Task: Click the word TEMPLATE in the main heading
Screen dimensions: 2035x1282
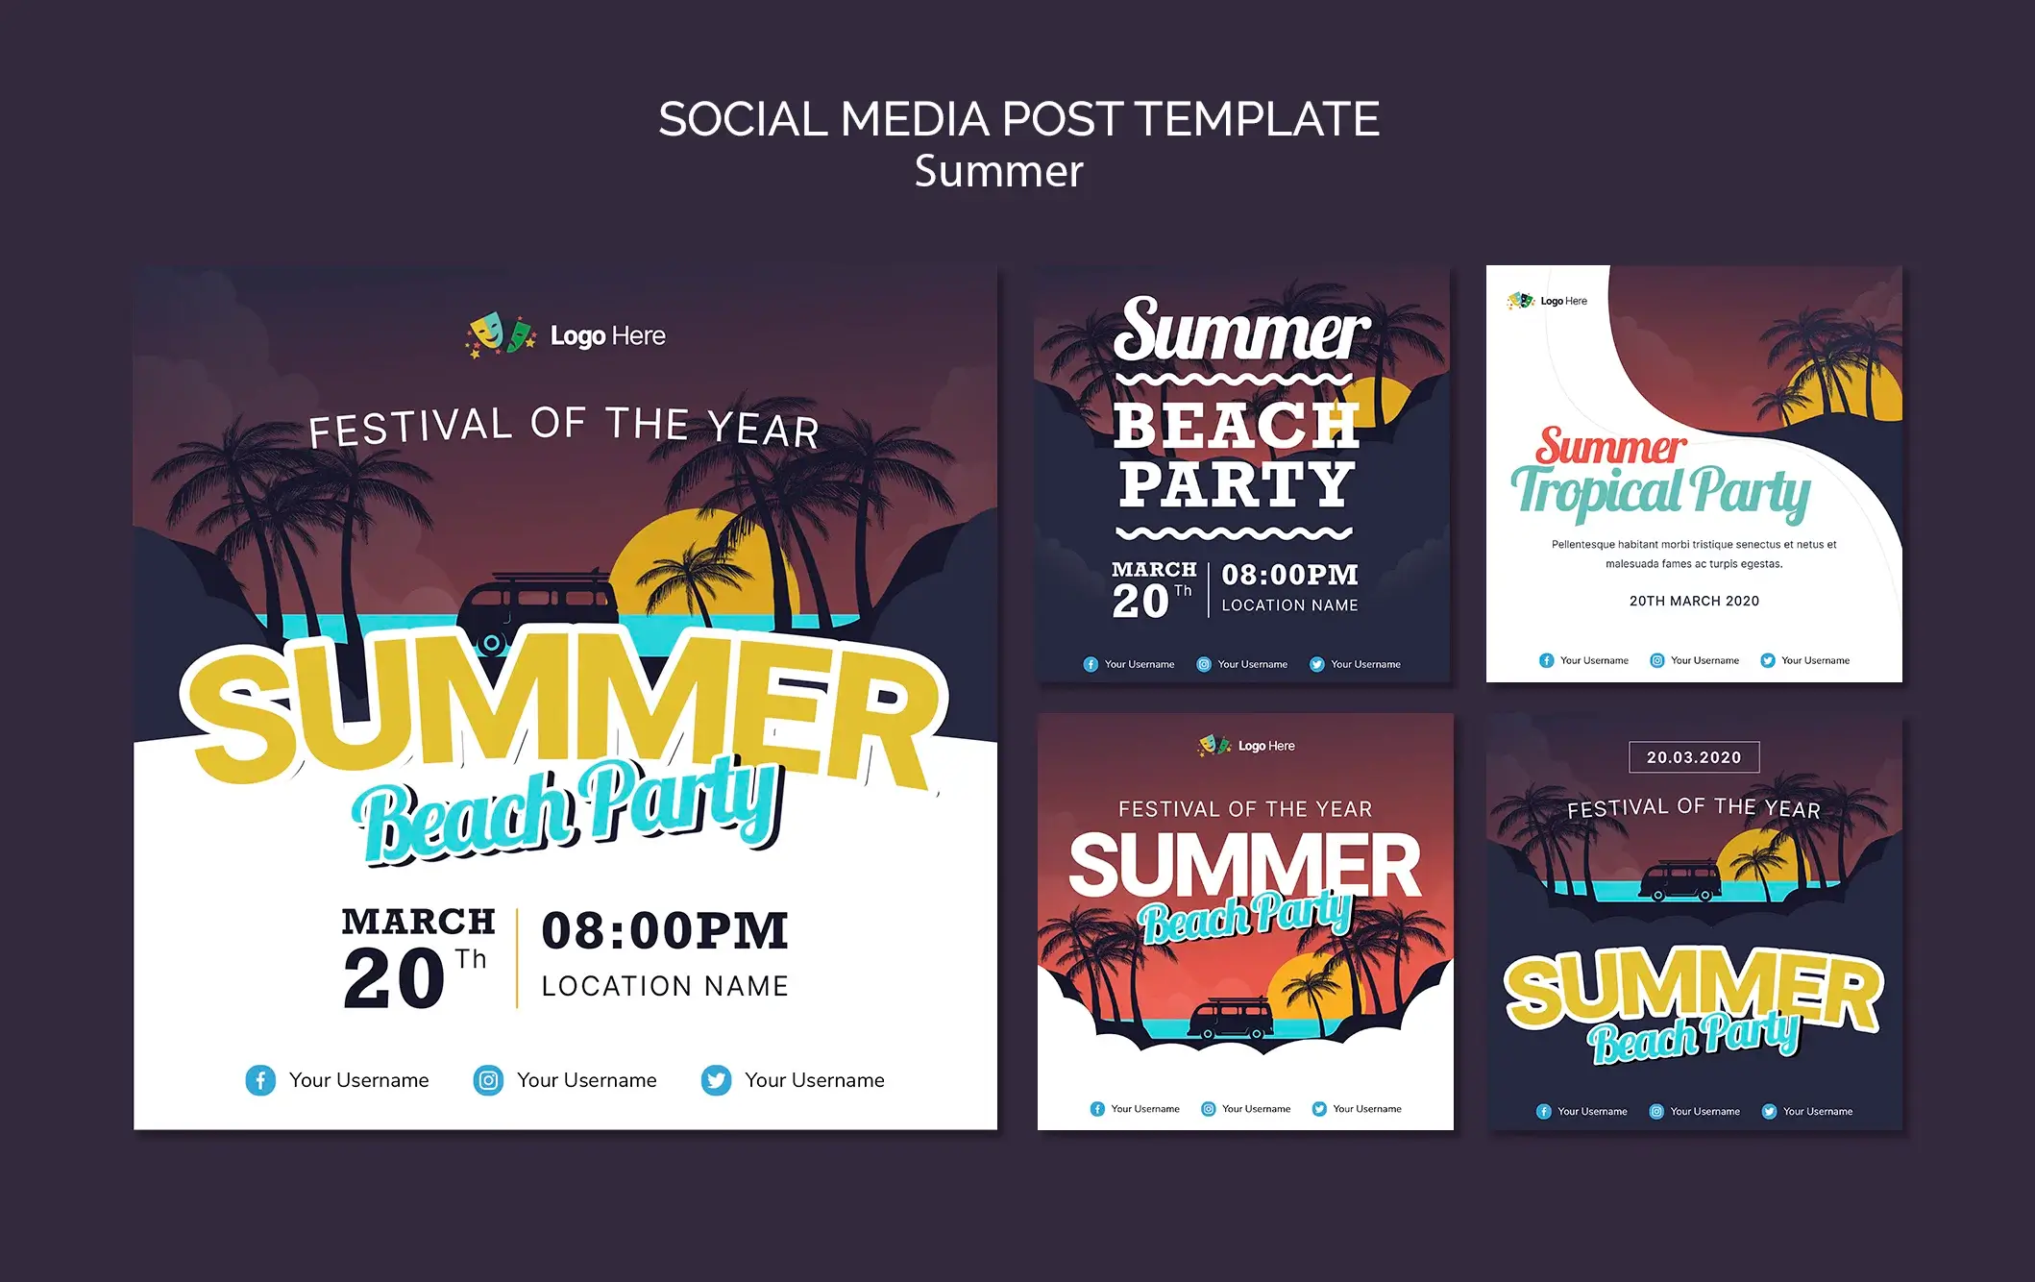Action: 1257,119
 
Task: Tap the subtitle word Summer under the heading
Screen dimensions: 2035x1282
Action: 998,171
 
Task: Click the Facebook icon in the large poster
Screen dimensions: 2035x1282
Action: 260,1080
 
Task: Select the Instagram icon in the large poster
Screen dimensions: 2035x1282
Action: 488,1080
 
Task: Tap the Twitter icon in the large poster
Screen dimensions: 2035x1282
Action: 716,1080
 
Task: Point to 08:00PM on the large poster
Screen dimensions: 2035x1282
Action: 665,930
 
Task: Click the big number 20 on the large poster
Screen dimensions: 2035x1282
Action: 394,978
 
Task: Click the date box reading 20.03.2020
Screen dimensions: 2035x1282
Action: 1694,757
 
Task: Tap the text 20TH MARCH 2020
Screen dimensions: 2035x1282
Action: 1694,601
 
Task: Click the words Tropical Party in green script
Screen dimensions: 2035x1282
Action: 1660,492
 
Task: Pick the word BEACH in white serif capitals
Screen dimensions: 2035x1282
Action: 1238,426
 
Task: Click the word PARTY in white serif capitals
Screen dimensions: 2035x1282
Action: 1238,484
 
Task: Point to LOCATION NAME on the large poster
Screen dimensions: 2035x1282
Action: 665,986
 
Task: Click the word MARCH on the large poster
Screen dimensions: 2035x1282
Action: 419,922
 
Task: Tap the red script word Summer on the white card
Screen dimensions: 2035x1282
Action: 1610,446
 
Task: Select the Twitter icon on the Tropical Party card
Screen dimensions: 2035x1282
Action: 1767,660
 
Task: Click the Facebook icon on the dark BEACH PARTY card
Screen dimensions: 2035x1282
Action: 1091,664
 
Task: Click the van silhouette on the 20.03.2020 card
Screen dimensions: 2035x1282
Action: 1680,881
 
